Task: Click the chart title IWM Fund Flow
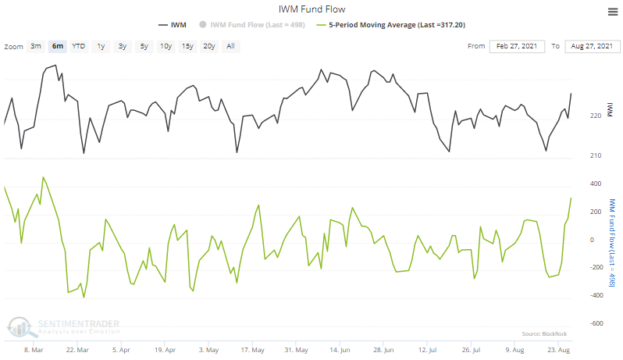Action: [x=311, y=9]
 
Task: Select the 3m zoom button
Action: [x=36, y=46]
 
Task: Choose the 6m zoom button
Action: [x=58, y=46]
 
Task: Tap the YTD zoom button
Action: [x=79, y=46]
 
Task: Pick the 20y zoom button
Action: [x=208, y=46]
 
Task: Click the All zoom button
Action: [x=230, y=46]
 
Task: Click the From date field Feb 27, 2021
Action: [x=517, y=46]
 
